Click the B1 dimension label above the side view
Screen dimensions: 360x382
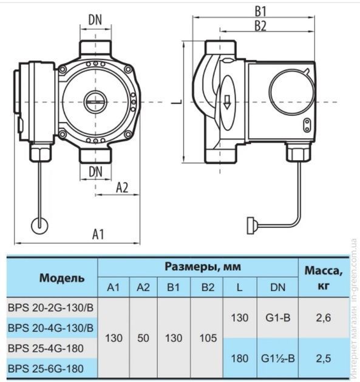click(x=260, y=11)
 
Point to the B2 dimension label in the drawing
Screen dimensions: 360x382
click(x=260, y=26)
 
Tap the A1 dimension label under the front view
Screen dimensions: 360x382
click(x=98, y=235)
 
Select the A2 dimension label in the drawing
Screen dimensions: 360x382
click(x=122, y=187)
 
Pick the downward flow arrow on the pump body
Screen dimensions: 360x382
click(x=227, y=102)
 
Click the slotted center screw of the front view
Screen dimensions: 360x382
click(x=95, y=102)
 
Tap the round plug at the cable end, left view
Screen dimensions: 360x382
click(x=39, y=226)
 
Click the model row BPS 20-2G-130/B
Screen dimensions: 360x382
click(x=51, y=308)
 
